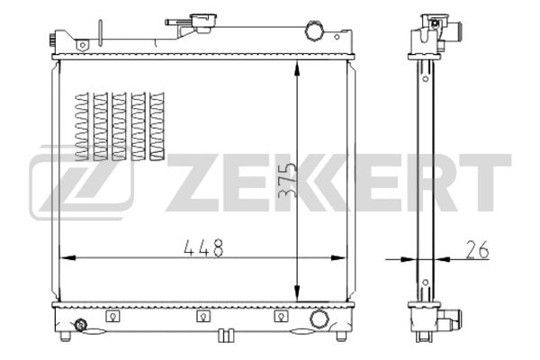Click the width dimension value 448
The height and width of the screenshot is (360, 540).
pos(204,247)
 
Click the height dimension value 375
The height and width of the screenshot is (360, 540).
pos(287,180)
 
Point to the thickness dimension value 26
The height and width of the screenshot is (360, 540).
pos(477,249)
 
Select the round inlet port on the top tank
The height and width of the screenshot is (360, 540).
pos(314,31)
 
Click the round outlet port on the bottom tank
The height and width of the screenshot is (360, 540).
pos(319,319)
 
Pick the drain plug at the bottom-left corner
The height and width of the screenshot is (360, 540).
pos(81,325)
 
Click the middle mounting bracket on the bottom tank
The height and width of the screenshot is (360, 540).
pos(203,316)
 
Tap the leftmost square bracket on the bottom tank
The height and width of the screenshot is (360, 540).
pos(112,316)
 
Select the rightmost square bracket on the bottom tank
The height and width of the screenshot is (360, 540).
pos(281,316)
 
